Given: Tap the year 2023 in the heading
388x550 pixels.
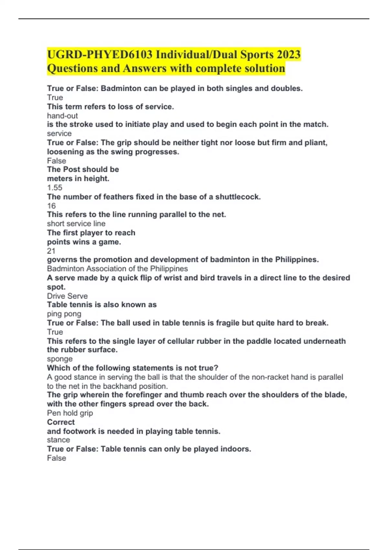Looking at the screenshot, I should (x=288, y=55).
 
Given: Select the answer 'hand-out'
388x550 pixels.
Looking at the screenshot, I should (x=62, y=116).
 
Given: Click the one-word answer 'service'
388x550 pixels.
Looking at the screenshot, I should (x=59, y=134).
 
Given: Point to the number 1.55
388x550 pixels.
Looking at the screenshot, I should (x=55, y=188).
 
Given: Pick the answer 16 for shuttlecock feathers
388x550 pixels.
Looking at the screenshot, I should (x=51, y=206).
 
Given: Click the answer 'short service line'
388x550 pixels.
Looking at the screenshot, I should (x=76, y=224).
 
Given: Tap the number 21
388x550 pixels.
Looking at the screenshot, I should (x=51, y=251).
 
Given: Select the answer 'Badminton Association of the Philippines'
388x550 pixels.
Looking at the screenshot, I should (x=117, y=269).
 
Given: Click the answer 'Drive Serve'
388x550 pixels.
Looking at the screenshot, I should (x=67, y=296).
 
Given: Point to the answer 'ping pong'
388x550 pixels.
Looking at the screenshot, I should (x=64, y=314).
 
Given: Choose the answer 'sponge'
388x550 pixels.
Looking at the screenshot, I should (x=60, y=359).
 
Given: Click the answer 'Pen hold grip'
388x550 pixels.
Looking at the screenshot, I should (x=70, y=413).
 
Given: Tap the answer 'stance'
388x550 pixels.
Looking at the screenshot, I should (x=58, y=440).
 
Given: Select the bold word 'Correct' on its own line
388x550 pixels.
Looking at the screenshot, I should (x=61, y=422).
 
